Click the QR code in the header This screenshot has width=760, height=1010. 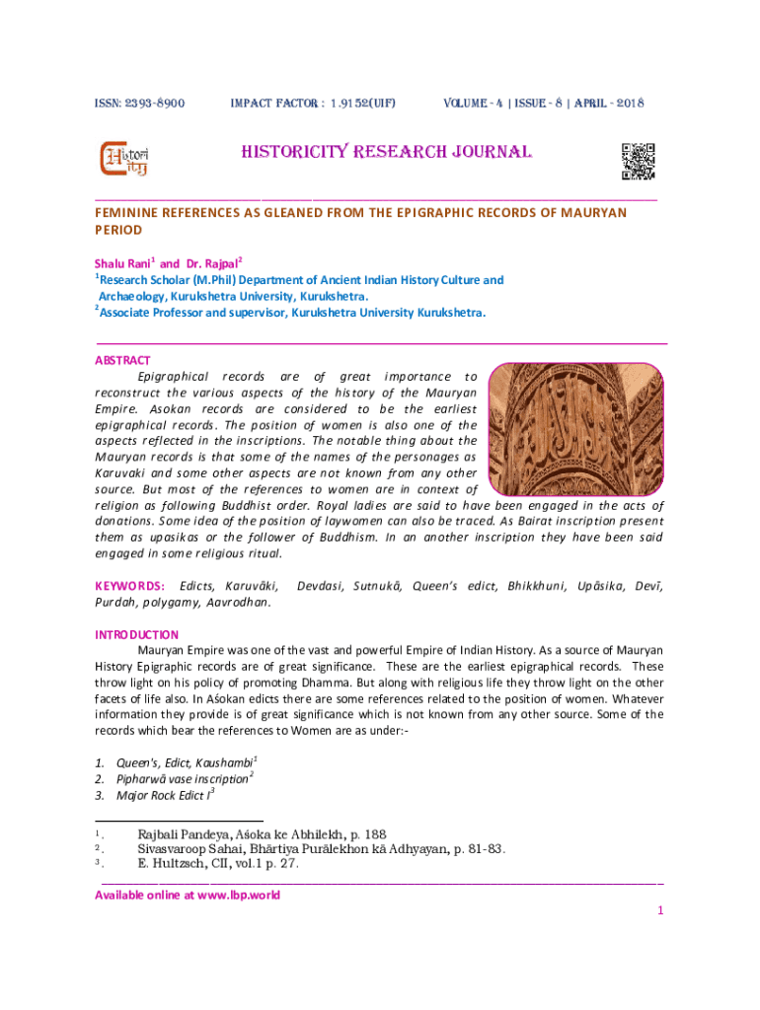pyautogui.click(x=638, y=162)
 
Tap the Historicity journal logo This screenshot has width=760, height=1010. pyautogui.click(x=124, y=160)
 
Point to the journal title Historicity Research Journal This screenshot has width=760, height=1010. pyautogui.click(x=387, y=153)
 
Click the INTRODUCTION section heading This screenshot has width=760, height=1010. pyautogui.click(x=136, y=635)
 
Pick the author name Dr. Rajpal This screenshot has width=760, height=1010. pyautogui.click(x=211, y=264)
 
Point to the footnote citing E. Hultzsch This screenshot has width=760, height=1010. pyautogui.click(x=217, y=864)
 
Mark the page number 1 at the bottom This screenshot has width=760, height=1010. pyautogui.click(x=660, y=911)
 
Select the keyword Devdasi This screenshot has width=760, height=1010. pyautogui.click(x=320, y=587)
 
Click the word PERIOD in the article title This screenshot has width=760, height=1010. pyautogui.click(x=118, y=230)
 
